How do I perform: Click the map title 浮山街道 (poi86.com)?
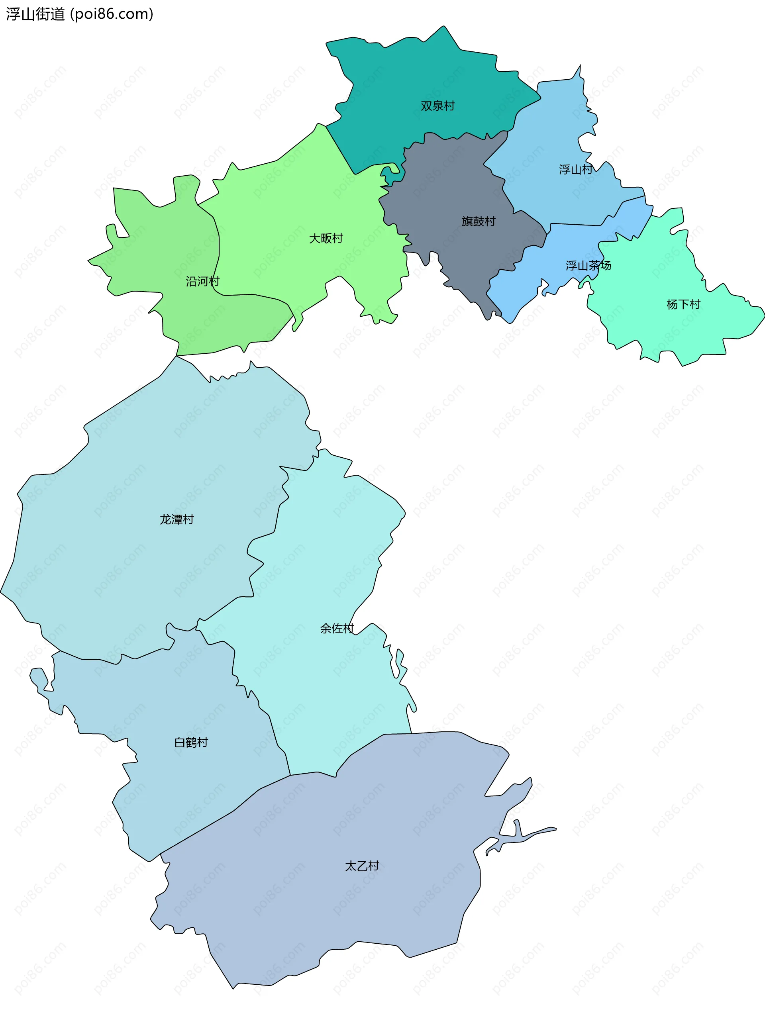pos(80,14)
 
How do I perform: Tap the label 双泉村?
pos(437,106)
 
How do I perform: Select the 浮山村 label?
pos(575,170)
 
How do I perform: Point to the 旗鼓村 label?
pos(478,221)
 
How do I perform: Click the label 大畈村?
pos(326,239)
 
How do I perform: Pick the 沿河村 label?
pos(202,281)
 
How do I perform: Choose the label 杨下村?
pos(683,305)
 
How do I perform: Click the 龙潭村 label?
pos(177,519)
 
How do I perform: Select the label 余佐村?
pos(337,629)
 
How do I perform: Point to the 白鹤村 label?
pos(191,743)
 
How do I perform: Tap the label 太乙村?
pos(362,866)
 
